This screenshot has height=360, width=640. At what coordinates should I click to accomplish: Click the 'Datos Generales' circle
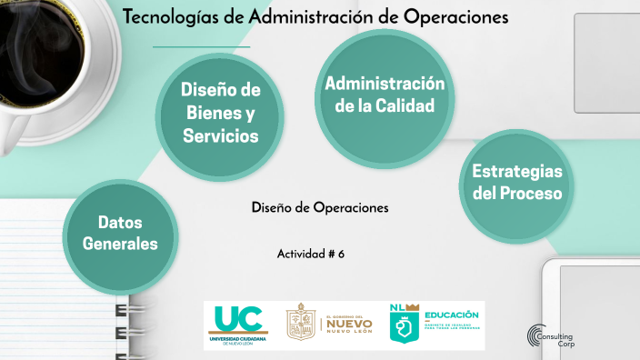[120, 233]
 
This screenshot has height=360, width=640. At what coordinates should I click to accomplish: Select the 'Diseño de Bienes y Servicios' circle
[220, 113]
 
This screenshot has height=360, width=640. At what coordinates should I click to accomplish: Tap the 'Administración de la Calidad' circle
[385, 95]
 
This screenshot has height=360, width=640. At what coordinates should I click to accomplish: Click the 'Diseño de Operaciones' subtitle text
[319, 207]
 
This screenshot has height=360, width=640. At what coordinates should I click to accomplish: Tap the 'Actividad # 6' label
[310, 254]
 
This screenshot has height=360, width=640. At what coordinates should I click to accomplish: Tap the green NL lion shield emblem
[403, 325]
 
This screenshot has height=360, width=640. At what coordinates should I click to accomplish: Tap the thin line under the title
[201, 45]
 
